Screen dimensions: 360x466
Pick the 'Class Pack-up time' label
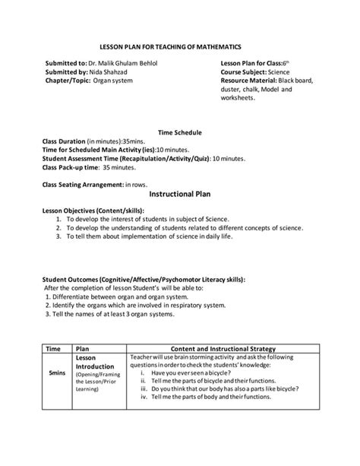pyautogui.click(x=71, y=166)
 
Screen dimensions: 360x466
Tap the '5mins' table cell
pyautogui.click(x=56, y=374)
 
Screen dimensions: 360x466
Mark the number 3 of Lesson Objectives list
pyautogui.click(x=58, y=236)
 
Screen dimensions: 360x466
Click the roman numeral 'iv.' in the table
pyautogui.click(x=144, y=397)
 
